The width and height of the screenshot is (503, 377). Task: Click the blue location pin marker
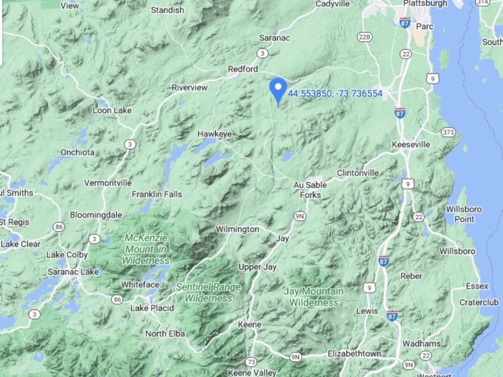[278, 89]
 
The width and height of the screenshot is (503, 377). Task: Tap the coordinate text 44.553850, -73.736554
[335, 93]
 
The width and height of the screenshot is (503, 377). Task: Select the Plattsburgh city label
[425, 4]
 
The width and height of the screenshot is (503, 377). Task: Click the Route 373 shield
[448, 132]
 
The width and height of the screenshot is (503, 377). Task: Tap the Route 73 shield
[251, 361]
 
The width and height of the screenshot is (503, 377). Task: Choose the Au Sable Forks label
[310, 190]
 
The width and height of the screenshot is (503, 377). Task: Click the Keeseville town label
[411, 145]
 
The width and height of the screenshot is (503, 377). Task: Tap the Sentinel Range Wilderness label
[208, 292]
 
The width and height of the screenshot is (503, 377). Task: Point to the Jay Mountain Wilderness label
[313, 297]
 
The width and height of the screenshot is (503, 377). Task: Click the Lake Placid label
[152, 308]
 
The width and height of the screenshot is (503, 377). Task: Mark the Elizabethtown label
[354, 354]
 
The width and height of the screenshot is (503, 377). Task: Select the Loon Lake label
[109, 110]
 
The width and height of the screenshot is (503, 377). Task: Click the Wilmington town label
[237, 229]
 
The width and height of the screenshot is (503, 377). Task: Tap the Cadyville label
[332, 4]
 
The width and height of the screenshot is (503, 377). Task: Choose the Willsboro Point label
[463, 214]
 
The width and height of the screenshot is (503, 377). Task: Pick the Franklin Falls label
[157, 194]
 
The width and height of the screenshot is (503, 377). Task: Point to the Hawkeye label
[214, 134]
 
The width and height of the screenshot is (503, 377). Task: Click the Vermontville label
[108, 182]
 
